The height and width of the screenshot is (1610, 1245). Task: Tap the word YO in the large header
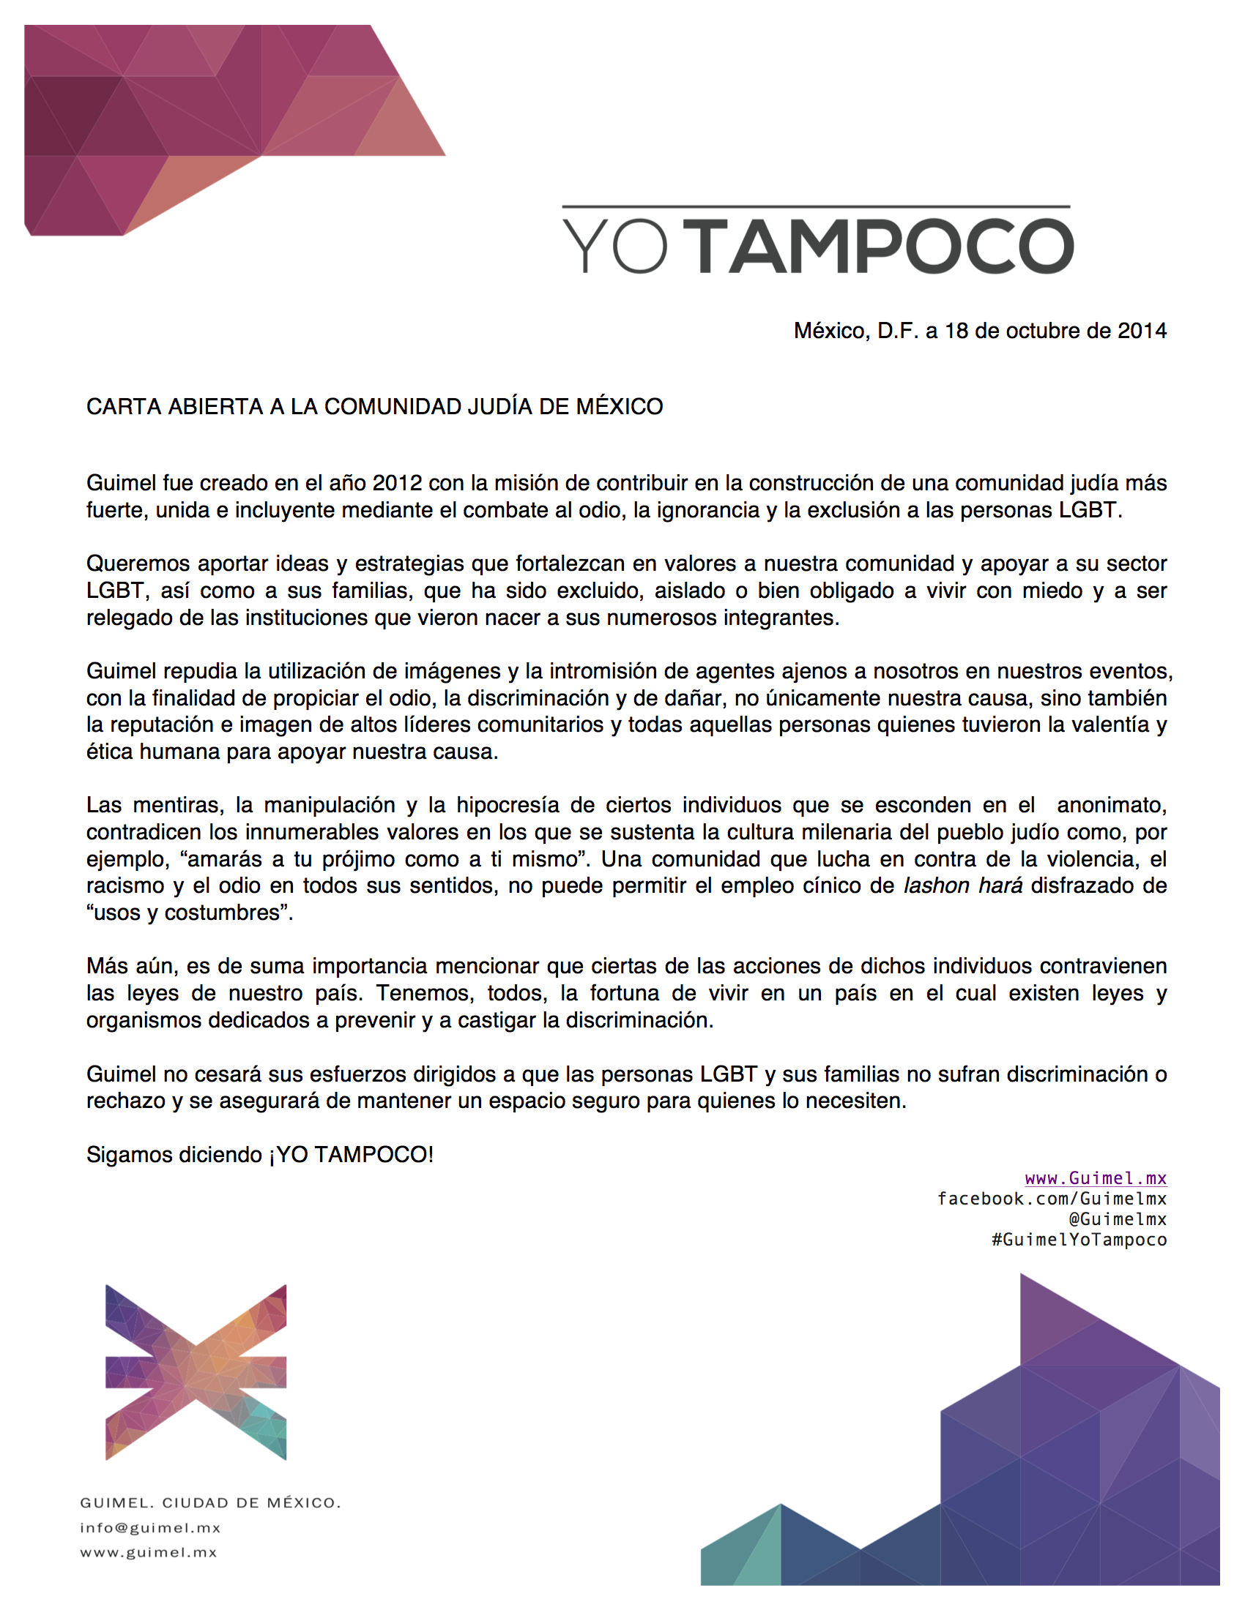point(615,247)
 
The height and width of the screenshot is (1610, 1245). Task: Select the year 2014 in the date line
point(1142,331)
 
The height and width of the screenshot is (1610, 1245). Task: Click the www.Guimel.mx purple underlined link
point(1096,1179)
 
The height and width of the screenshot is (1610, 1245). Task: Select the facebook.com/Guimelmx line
point(1052,1199)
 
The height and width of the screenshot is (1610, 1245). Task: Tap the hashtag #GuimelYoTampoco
point(1079,1240)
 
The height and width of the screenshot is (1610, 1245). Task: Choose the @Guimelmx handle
point(1118,1219)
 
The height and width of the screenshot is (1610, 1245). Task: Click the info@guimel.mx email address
point(150,1528)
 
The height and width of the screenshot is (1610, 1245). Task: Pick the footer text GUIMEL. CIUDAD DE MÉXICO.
point(210,1503)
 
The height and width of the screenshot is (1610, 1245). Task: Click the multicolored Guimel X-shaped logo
point(196,1373)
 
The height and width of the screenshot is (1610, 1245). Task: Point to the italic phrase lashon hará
point(962,886)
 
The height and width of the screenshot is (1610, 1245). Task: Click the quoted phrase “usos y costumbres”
point(190,913)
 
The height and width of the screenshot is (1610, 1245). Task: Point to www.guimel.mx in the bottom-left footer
point(149,1552)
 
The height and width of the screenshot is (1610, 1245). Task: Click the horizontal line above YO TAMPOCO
point(816,206)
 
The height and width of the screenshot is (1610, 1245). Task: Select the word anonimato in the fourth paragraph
point(1112,806)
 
